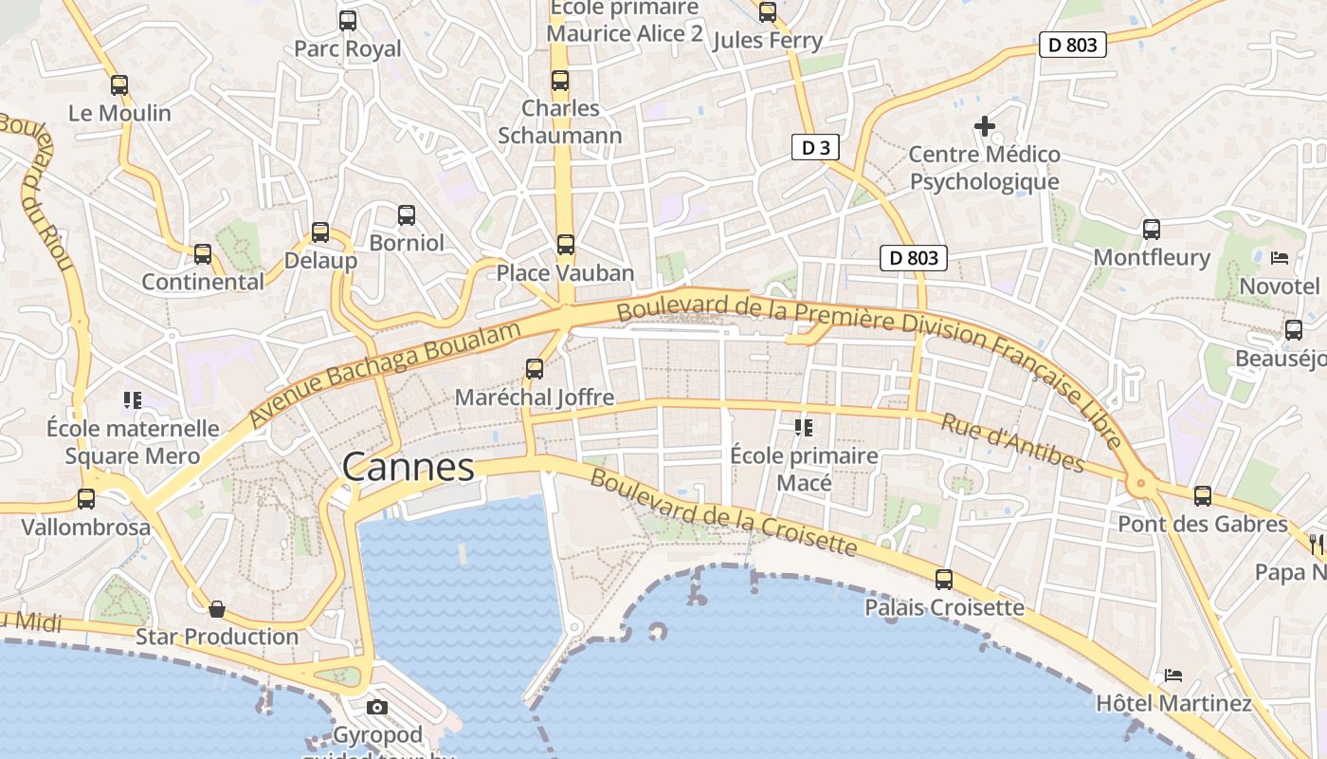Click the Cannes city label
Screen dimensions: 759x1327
coord(408,467)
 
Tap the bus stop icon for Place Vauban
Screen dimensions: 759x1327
coord(566,245)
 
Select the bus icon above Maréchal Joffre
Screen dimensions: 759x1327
coord(535,369)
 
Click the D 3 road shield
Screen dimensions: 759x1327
coord(815,147)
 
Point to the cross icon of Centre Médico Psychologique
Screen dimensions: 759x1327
coord(985,125)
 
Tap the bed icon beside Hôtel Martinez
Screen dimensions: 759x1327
coord(1173,676)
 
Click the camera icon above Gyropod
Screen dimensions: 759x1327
coord(377,707)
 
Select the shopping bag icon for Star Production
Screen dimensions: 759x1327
coord(217,608)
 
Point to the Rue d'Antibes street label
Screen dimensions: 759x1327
coord(1012,442)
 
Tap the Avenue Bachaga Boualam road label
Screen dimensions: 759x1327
coord(386,374)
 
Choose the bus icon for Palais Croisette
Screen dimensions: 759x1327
coord(944,579)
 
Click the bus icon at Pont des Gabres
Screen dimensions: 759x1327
coord(1203,495)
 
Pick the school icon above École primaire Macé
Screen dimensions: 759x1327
coord(804,428)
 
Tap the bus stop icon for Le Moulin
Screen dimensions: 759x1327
coord(119,84)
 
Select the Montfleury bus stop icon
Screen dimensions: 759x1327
coord(1152,229)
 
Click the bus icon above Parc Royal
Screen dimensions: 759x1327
coord(348,20)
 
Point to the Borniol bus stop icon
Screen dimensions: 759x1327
coord(407,214)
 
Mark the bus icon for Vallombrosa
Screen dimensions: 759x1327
coord(86,499)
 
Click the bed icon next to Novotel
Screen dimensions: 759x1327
coord(1280,257)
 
